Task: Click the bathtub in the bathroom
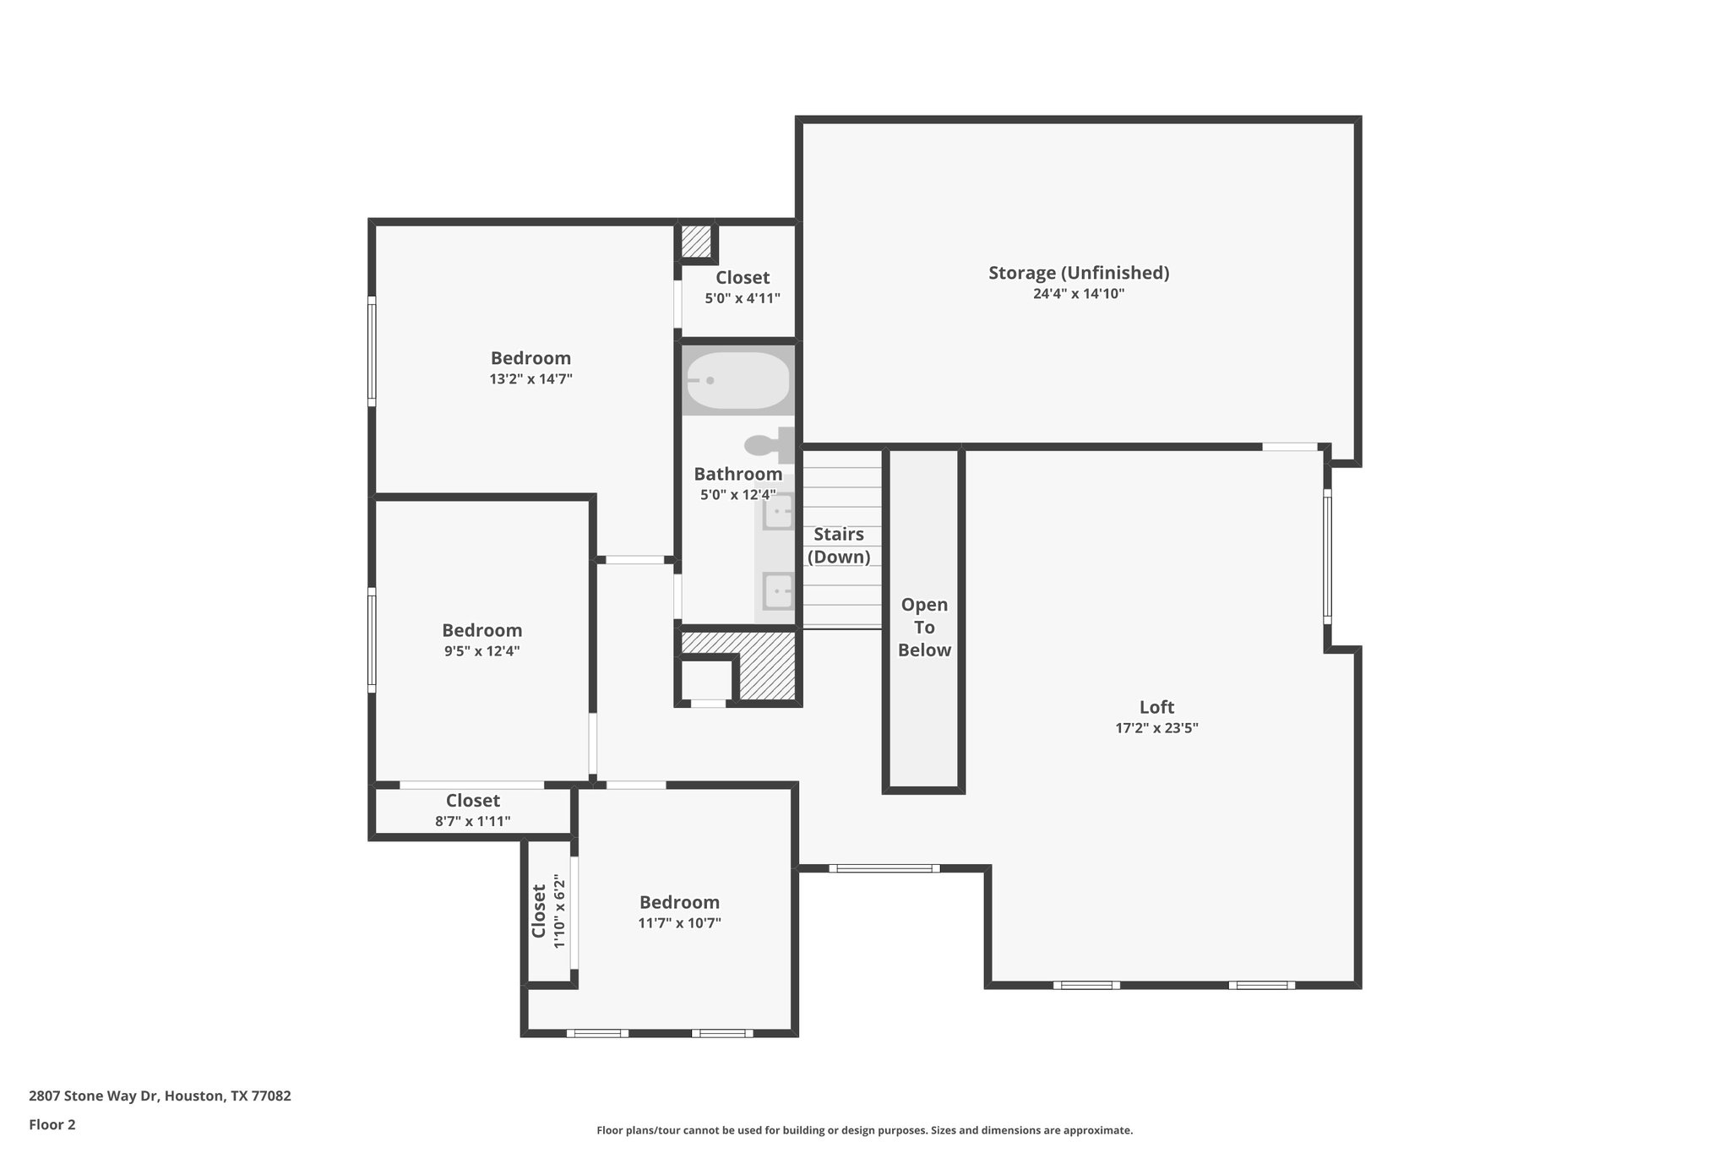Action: pyautogui.click(x=737, y=381)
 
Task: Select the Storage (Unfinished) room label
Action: pyautogui.click(x=1079, y=273)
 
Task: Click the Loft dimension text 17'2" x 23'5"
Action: pyautogui.click(x=1156, y=728)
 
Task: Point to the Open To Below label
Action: pyautogui.click(x=924, y=628)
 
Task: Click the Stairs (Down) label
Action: pyautogui.click(x=839, y=546)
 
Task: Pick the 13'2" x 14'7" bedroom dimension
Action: pyautogui.click(x=530, y=379)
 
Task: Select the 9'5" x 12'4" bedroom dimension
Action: pyautogui.click(x=481, y=651)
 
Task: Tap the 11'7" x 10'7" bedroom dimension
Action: pyautogui.click(x=679, y=923)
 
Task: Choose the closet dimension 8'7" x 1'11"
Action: pyautogui.click(x=472, y=821)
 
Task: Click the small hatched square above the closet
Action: pyautogui.click(x=696, y=242)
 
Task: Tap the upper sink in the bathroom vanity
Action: pyautogui.click(x=778, y=512)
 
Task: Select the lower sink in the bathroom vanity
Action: pyautogui.click(x=778, y=590)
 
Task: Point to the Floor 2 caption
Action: pyautogui.click(x=52, y=1124)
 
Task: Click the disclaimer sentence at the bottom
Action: pyautogui.click(x=864, y=1130)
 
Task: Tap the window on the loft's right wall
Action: pyautogui.click(x=1327, y=557)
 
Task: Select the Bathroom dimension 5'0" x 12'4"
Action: pyautogui.click(x=737, y=495)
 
